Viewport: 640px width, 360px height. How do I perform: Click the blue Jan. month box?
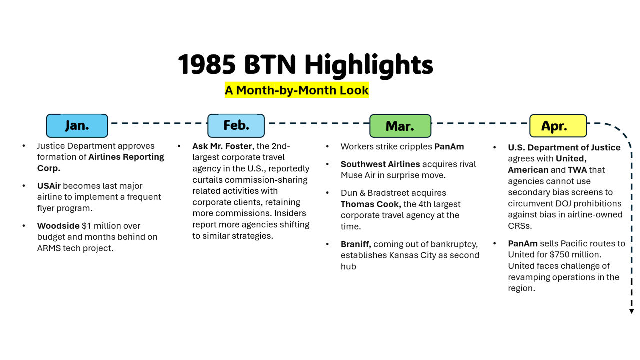point(77,126)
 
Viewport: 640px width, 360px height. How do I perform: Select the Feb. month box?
point(236,126)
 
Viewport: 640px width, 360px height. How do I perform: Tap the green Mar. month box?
point(400,126)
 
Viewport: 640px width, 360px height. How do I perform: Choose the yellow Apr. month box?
point(558,126)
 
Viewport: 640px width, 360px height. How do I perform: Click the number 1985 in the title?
point(207,64)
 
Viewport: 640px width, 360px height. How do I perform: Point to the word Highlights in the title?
point(369,65)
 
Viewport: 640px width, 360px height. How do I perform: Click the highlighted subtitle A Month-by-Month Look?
point(297,90)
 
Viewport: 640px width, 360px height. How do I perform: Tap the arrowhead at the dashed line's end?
point(631,311)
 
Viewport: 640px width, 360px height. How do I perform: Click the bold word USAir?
point(49,186)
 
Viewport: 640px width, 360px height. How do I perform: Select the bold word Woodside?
point(58,226)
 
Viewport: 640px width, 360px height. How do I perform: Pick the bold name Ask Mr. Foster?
point(222,146)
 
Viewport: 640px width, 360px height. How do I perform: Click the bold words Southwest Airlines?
point(380,164)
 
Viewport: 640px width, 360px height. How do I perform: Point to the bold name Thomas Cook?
point(371,204)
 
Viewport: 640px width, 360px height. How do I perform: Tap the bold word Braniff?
point(356,244)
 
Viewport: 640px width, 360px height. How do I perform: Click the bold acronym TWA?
point(577,170)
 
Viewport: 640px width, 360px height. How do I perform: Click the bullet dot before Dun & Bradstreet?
point(327,193)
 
